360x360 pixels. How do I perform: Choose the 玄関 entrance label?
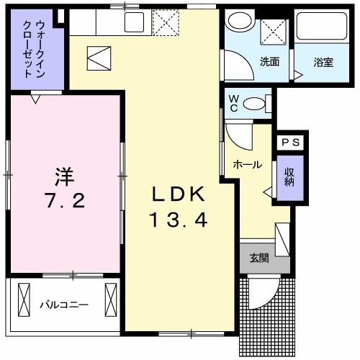tap(259, 258)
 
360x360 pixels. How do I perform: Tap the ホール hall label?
tap(247, 165)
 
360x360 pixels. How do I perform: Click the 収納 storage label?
tap(289, 177)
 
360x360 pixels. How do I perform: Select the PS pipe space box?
tap(291, 143)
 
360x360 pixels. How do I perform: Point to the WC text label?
tap(233, 103)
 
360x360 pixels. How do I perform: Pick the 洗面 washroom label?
tap(271, 61)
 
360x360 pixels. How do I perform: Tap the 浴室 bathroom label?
tap(323, 61)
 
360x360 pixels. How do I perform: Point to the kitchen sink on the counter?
tap(133, 22)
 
